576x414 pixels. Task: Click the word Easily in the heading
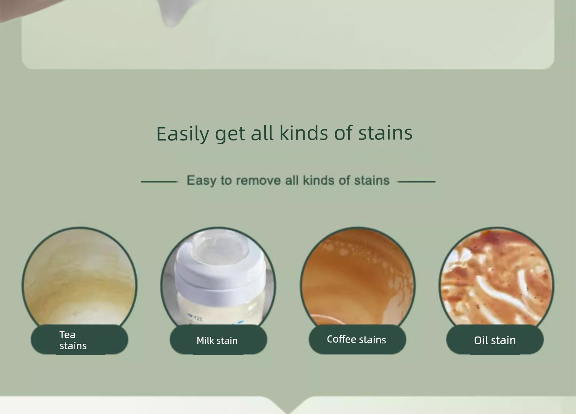[x=183, y=134]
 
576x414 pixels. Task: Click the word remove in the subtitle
[x=258, y=180]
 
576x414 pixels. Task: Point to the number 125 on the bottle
[x=198, y=319]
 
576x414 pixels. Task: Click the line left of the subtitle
[x=159, y=182]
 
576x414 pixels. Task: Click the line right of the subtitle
[x=416, y=182]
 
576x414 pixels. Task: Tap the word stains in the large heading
[x=385, y=133]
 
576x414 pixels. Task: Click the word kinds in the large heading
[x=304, y=133]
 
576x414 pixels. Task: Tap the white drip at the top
[x=171, y=13]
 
